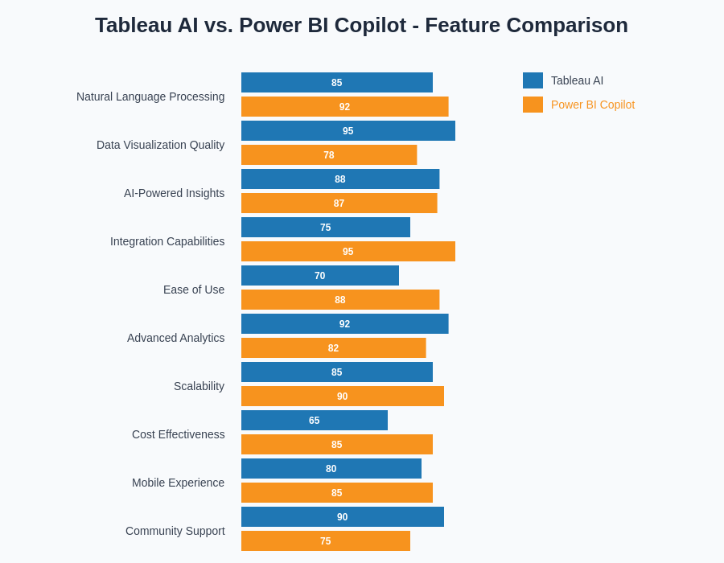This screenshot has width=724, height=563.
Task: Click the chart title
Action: (361, 25)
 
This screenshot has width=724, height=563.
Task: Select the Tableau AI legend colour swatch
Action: (533, 80)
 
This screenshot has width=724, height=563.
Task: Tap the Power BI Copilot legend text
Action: (592, 105)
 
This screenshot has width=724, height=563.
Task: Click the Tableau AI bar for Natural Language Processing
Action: (336, 83)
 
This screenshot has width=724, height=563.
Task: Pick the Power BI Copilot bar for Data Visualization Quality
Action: (328, 155)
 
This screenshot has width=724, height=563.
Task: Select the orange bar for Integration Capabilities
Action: (348, 252)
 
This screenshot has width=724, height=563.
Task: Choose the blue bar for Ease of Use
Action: (319, 276)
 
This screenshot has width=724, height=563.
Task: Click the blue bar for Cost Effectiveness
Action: (314, 421)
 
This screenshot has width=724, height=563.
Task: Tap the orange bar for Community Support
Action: (325, 541)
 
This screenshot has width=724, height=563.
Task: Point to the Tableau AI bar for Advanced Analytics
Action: (344, 324)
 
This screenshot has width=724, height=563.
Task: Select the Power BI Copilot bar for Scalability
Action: (342, 397)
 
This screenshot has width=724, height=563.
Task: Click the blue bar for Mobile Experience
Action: (331, 469)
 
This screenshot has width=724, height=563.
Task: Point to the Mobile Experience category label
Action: (178, 483)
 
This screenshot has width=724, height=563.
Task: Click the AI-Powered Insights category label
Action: (174, 193)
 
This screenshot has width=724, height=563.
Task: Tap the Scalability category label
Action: (199, 386)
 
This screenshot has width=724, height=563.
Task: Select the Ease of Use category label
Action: (194, 290)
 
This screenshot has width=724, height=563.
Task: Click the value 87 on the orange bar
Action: (339, 203)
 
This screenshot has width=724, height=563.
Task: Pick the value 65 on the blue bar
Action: (314, 421)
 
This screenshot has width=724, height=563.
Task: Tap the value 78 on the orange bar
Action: (328, 155)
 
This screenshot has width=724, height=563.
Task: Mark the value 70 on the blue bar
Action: (319, 276)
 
